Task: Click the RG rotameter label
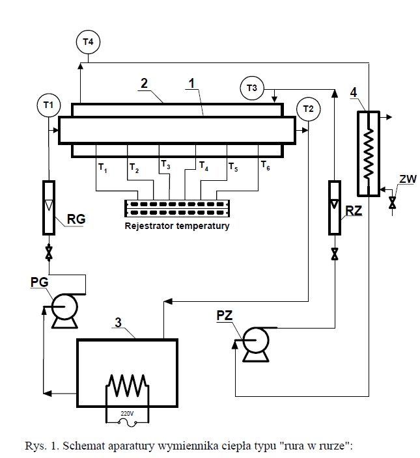tap(76, 219)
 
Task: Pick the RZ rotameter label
tap(354, 211)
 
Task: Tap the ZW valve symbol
tap(392, 202)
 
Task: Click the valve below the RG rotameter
tap(49, 252)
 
